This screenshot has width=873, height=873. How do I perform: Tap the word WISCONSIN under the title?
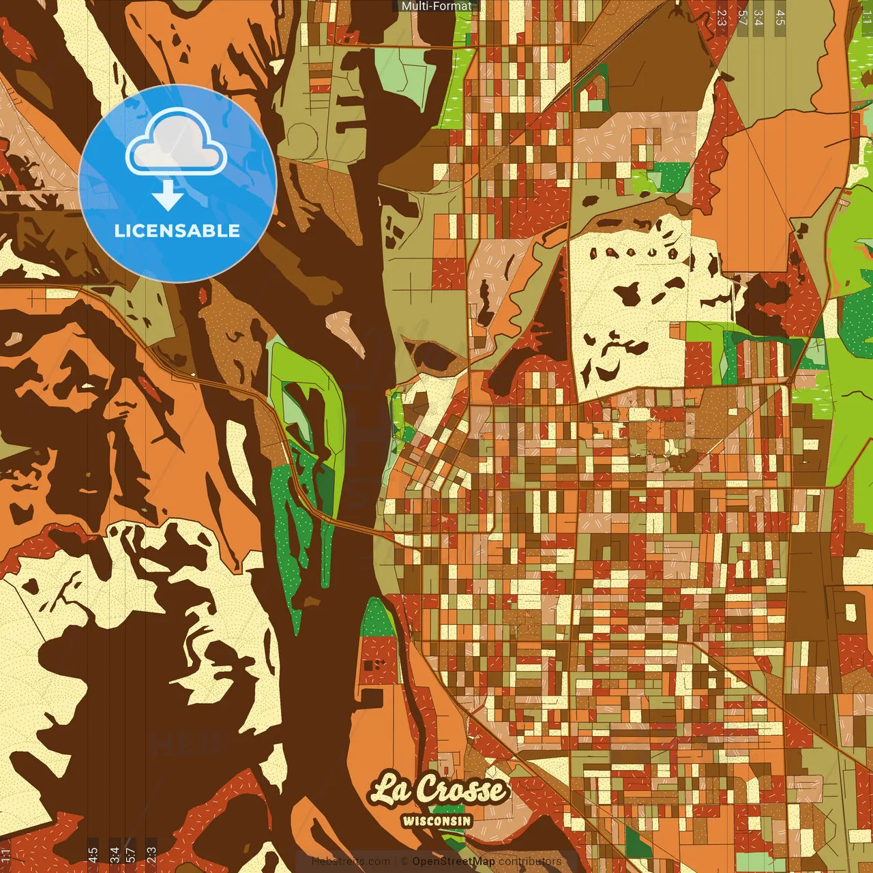(x=436, y=820)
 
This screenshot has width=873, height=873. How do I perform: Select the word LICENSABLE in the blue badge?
(x=177, y=231)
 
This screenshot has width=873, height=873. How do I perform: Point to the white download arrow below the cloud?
(x=168, y=196)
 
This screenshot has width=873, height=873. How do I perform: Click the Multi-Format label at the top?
(x=436, y=6)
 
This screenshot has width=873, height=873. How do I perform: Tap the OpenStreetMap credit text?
(x=453, y=861)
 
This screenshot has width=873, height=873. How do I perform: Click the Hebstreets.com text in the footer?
(x=351, y=861)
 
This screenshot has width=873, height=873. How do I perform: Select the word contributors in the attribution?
(x=530, y=861)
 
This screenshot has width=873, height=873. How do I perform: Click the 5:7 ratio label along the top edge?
(x=742, y=17)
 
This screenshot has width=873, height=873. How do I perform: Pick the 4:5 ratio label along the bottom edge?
(x=93, y=855)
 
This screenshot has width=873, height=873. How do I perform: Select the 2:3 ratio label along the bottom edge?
(x=151, y=855)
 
